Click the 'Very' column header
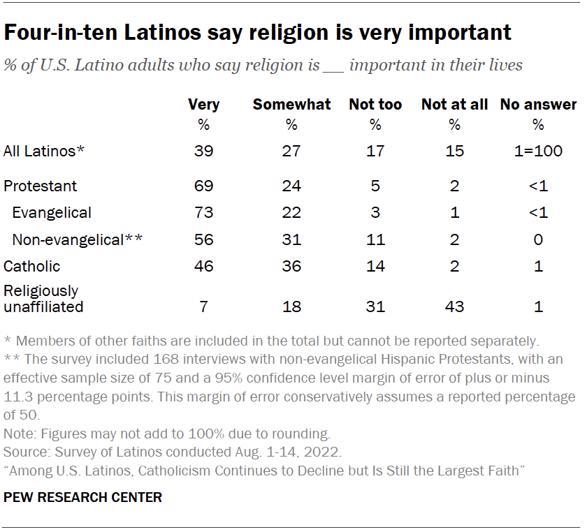(204, 105)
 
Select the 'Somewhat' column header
(291, 105)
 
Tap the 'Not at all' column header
(454, 105)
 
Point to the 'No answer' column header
(538, 105)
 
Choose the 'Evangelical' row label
(52, 212)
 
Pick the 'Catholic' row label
(32, 266)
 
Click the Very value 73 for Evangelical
(204, 212)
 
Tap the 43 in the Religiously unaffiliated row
(454, 306)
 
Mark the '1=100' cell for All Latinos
(538, 151)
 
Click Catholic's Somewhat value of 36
(291, 266)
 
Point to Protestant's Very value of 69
(204, 186)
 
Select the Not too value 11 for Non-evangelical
(375, 239)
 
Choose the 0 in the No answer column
(538, 239)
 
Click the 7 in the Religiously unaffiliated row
(204, 306)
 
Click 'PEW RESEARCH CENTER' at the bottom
(83, 497)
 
